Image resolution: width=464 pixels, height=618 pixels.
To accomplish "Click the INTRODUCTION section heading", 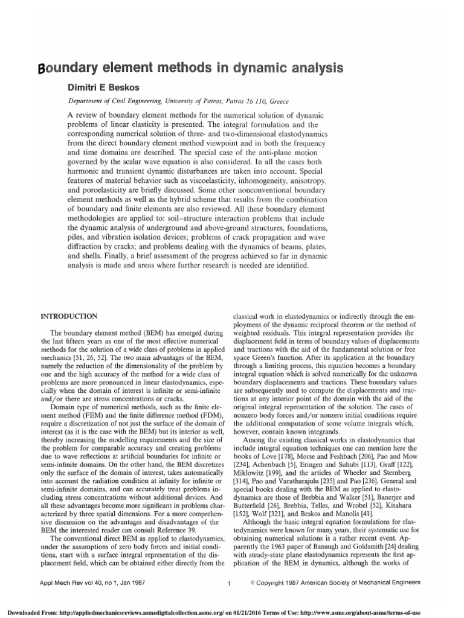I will [x=69, y=316].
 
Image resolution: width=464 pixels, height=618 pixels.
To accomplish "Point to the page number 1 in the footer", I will [x=229, y=584].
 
